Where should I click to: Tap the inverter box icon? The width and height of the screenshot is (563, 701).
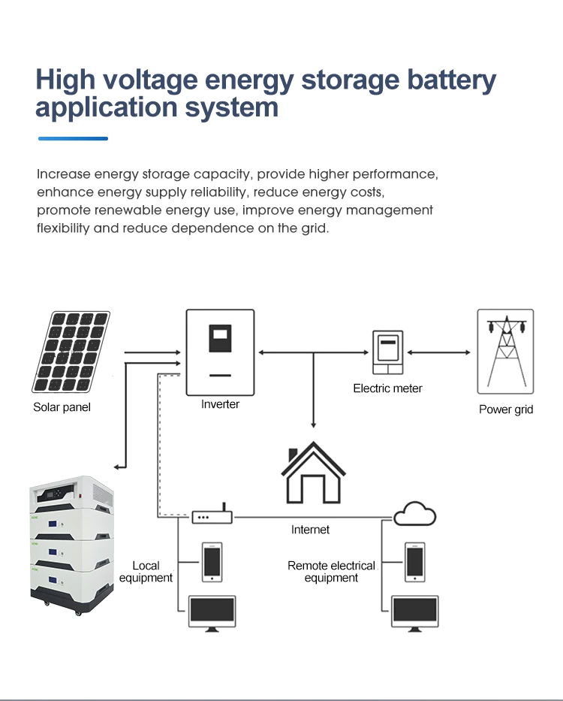(x=220, y=352)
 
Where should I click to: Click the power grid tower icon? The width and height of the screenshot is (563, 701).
(x=505, y=351)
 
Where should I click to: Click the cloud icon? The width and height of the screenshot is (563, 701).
(x=414, y=514)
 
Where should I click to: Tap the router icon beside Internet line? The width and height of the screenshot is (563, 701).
(x=212, y=517)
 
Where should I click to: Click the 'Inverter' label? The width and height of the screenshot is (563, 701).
(x=220, y=404)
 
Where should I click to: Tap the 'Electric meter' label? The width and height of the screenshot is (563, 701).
(x=387, y=388)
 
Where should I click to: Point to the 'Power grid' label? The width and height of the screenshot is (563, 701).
(x=506, y=409)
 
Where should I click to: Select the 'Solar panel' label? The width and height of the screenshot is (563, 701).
(x=62, y=407)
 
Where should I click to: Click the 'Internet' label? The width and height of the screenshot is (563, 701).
(x=310, y=530)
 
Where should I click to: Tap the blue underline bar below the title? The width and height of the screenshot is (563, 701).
(x=73, y=138)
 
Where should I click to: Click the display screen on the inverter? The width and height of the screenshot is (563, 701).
(x=220, y=339)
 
